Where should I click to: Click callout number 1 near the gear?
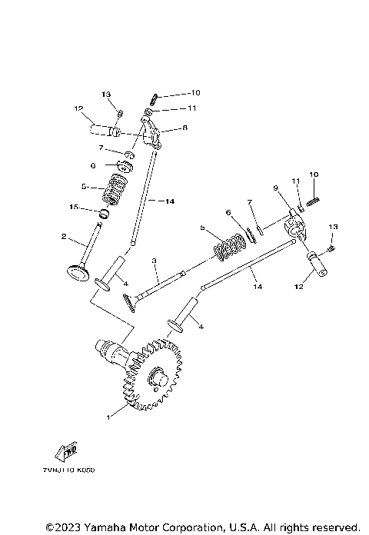coord(109,417)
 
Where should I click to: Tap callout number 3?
coord(154,261)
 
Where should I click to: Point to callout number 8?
coord(184,129)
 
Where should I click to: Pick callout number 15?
coord(74,206)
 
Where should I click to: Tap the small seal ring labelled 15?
coord(101,211)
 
